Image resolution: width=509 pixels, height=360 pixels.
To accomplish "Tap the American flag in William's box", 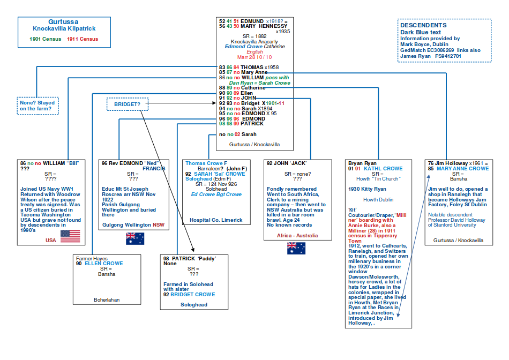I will tap(70, 236).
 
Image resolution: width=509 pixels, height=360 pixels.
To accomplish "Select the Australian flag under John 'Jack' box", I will tap(296, 248).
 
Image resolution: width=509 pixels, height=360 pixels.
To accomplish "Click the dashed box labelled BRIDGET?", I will tap(128, 103).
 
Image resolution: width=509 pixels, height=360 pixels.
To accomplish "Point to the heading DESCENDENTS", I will tap(423, 26).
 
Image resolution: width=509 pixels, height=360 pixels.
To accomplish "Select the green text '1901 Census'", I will tap(46, 39).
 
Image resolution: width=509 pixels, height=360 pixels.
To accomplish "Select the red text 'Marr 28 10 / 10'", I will tap(254, 57).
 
